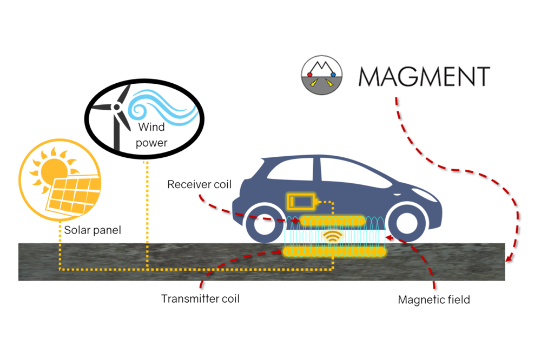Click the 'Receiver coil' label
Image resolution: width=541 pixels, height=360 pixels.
199,185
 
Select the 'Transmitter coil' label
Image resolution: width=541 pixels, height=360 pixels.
200,298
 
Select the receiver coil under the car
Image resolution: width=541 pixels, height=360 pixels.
332,221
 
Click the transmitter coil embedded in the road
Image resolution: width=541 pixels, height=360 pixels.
334,251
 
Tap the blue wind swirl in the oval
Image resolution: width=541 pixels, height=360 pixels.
160,105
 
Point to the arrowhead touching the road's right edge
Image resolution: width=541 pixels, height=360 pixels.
507,259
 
